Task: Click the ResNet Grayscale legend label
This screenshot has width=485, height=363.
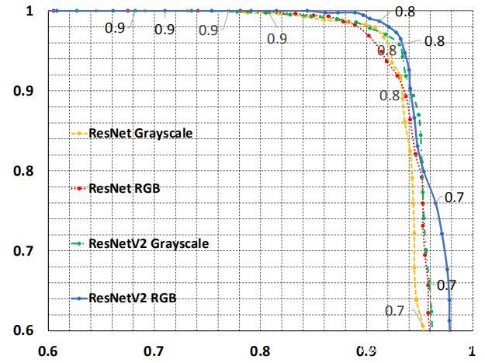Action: tap(140, 133)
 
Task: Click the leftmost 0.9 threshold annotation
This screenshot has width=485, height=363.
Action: tap(114, 28)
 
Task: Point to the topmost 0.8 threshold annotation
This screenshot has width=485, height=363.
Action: tap(404, 12)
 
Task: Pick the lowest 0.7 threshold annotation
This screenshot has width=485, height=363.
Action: tap(395, 311)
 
